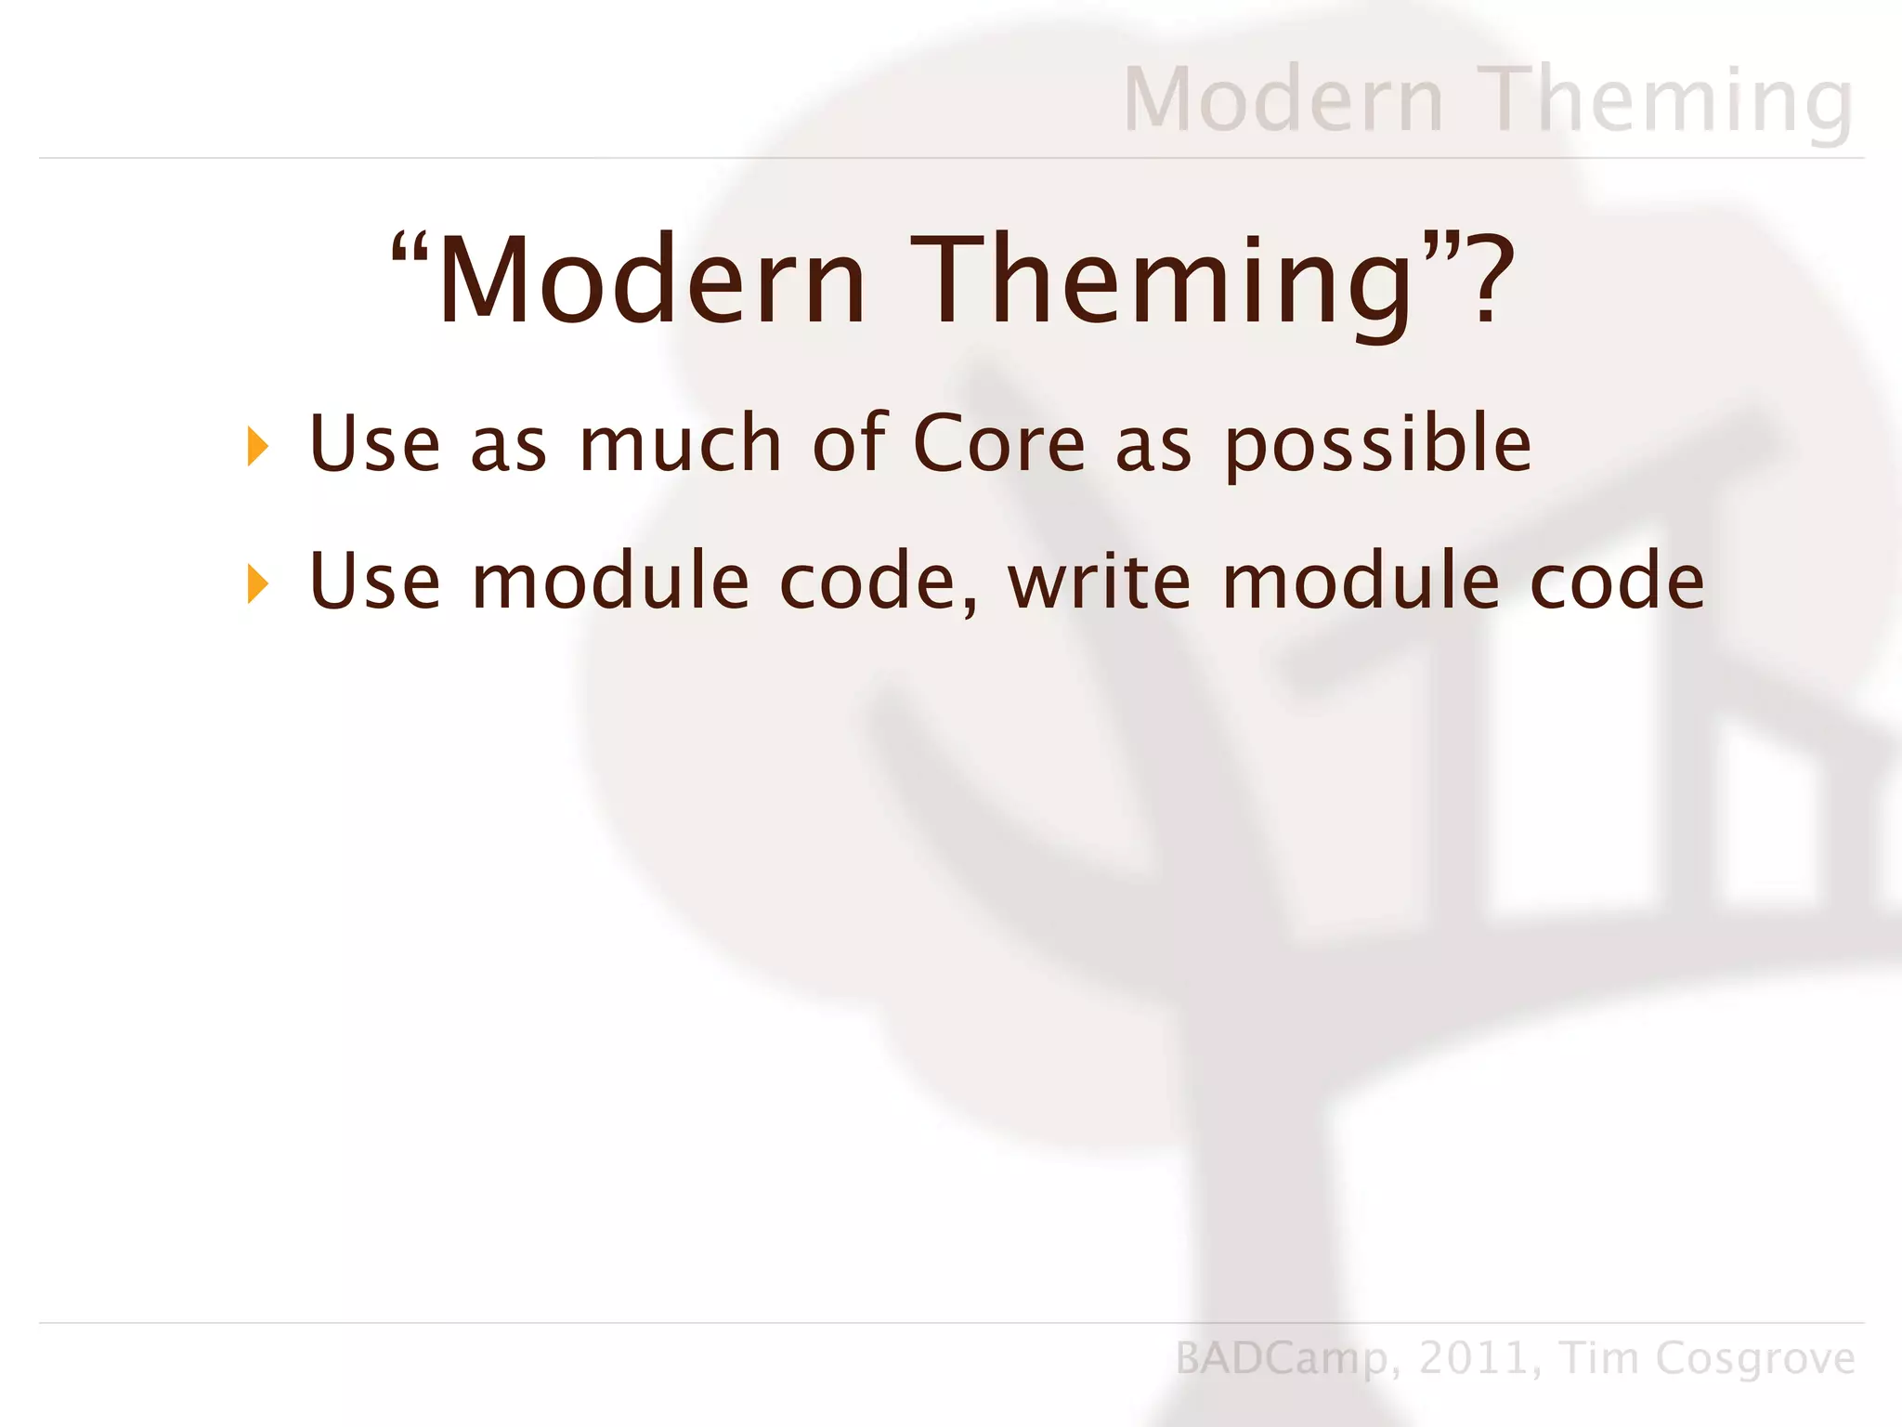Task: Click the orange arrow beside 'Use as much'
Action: click(x=258, y=447)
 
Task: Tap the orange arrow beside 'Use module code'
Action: click(x=258, y=584)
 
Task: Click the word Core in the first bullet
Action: click(x=998, y=444)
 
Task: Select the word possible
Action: click(x=1378, y=446)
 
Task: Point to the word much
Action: click(x=680, y=444)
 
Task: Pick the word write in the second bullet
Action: click(x=1099, y=583)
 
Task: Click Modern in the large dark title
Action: click(x=651, y=281)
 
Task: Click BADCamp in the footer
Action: click(x=1282, y=1359)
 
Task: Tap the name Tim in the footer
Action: click(x=1598, y=1357)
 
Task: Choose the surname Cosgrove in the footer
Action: click(x=1755, y=1359)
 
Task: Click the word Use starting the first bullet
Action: click(x=374, y=444)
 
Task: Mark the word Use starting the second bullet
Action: click(x=374, y=583)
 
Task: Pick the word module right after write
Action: click(x=1361, y=583)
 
